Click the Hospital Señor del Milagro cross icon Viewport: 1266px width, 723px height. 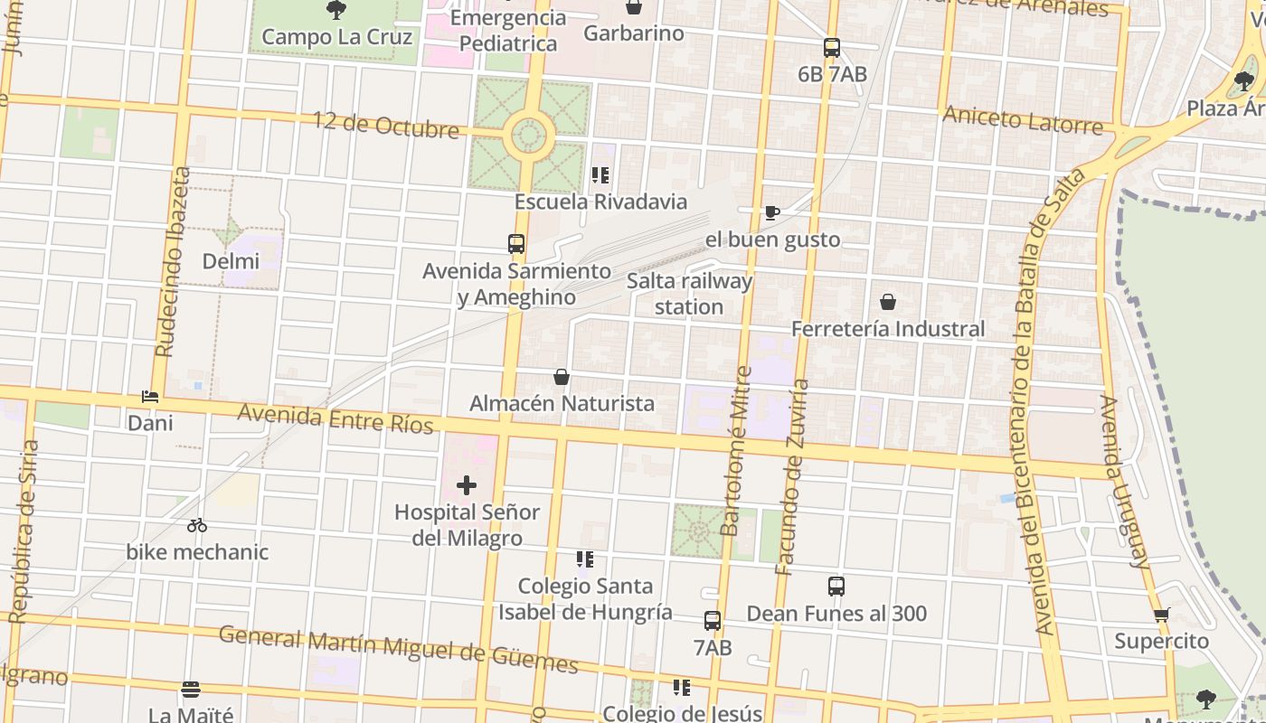pyautogui.click(x=466, y=485)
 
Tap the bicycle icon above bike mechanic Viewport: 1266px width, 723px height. pyautogui.click(x=197, y=525)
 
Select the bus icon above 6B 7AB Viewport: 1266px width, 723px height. pyautogui.click(x=832, y=48)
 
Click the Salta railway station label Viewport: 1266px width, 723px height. pyautogui.click(x=689, y=294)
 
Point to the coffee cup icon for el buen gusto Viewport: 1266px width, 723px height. pyautogui.click(x=771, y=213)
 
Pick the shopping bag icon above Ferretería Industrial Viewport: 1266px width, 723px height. pyautogui.click(x=888, y=302)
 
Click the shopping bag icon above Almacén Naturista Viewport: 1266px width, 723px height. pyautogui.click(x=562, y=377)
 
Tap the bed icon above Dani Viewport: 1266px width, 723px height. pyautogui.click(x=150, y=397)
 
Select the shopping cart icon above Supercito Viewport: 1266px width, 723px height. pyautogui.click(x=1162, y=615)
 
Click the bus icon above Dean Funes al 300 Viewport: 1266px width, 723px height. pyautogui.click(x=836, y=587)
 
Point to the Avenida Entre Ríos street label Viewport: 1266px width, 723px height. pyautogui.click(x=335, y=419)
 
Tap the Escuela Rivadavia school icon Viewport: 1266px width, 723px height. pyautogui.click(x=600, y=175)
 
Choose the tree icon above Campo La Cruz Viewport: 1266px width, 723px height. pyautogui.click(x=336, y=11)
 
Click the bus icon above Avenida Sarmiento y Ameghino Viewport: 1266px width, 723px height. pyautogui.click(x=516, y=244)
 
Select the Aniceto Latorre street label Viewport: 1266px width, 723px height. pyautogui.click(x=1023, y=118)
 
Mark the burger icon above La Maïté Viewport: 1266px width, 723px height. pyautogui.click(x=191, y=690)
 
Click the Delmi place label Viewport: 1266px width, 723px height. pyautogui.click(x=231, y=261)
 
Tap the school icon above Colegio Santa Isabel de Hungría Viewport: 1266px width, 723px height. pyautogui.click(x=585, y=559)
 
